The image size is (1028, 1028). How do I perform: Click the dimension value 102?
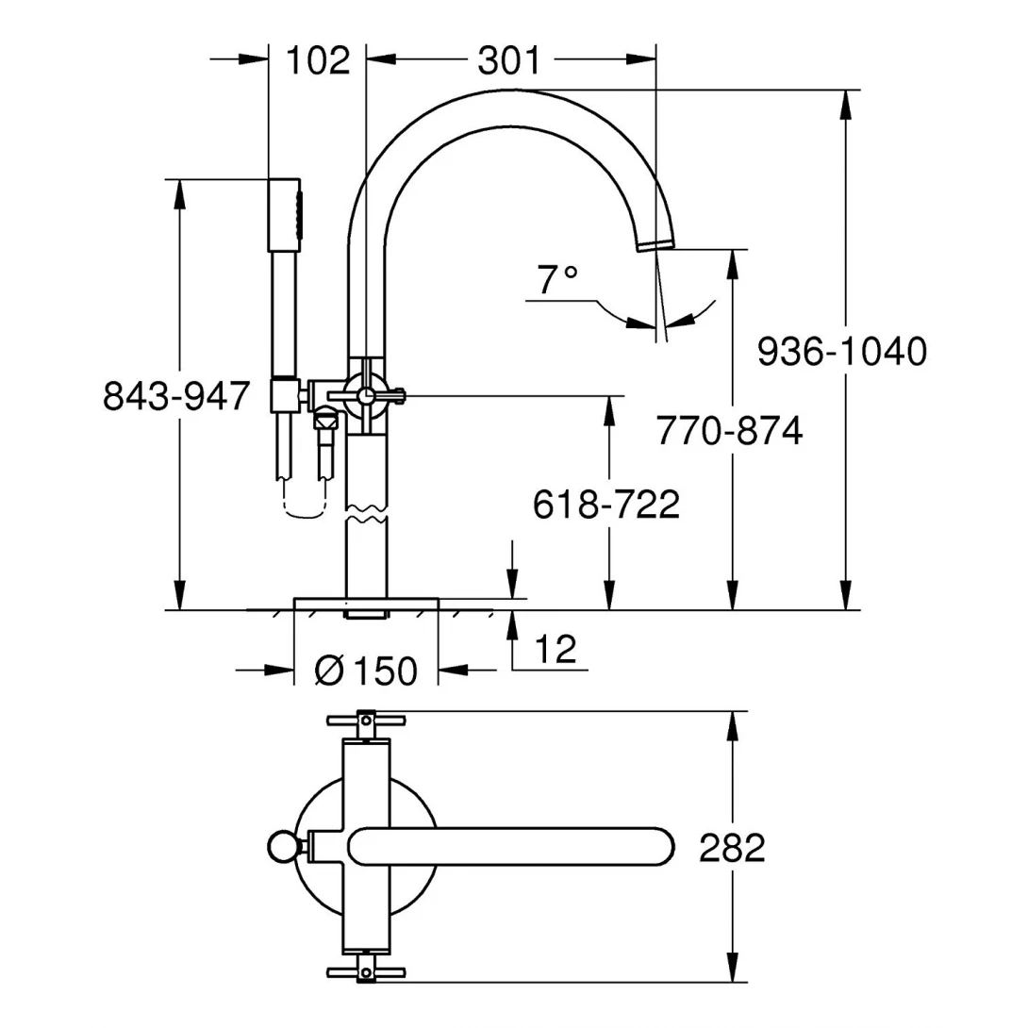(317, 60)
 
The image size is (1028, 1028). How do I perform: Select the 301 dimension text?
(509, 60)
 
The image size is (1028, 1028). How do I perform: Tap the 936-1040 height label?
(843, 352)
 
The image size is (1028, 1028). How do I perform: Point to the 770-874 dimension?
(730, 431)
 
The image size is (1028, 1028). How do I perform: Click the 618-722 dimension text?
(606, 506)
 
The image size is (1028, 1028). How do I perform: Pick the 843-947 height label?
(177, 395)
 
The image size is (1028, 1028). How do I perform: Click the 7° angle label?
(556, 279)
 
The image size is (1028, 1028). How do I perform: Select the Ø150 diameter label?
(366, 672)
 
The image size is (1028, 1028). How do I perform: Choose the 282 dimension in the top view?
(732, 848)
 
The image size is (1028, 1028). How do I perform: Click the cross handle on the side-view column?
(364, 394)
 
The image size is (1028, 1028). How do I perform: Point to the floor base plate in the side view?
(366, 603)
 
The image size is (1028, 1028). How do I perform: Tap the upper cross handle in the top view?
(366, 721)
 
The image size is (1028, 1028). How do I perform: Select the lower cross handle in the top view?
(366, 971)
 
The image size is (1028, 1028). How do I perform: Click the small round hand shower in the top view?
(280, 847)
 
